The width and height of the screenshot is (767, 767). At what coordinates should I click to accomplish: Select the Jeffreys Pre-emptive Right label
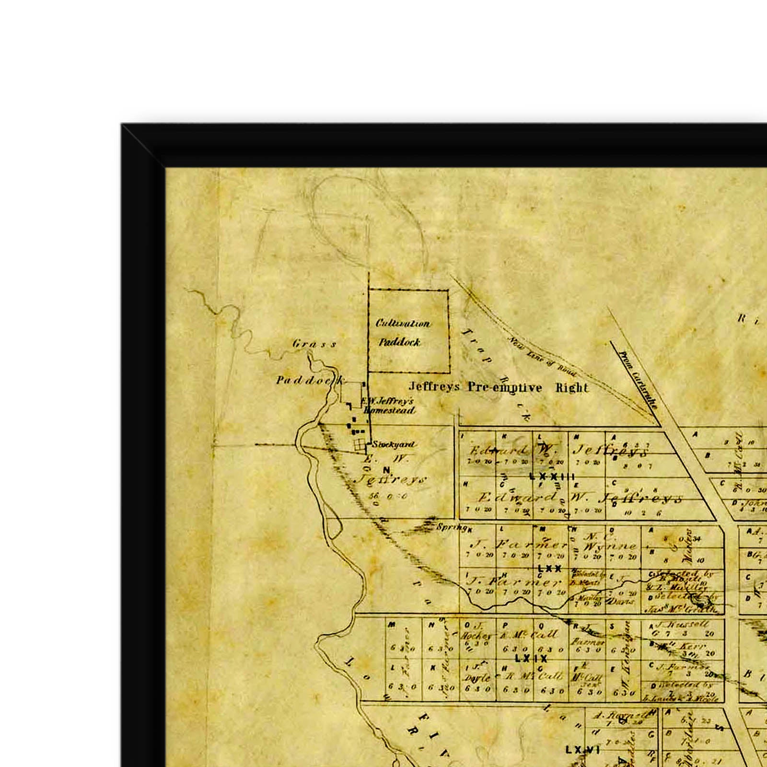(x=498, y=387)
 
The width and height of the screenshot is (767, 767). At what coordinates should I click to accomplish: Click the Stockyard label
(x=393, y=444)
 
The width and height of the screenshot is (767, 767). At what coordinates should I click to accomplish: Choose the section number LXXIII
(x=552, y=476)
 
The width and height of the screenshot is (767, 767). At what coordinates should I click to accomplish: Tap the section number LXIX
(x=531, y=659)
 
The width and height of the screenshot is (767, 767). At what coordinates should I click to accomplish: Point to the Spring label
(x=451, y=527)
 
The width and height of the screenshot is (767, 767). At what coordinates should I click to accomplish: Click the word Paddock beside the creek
(x=310, y=381)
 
